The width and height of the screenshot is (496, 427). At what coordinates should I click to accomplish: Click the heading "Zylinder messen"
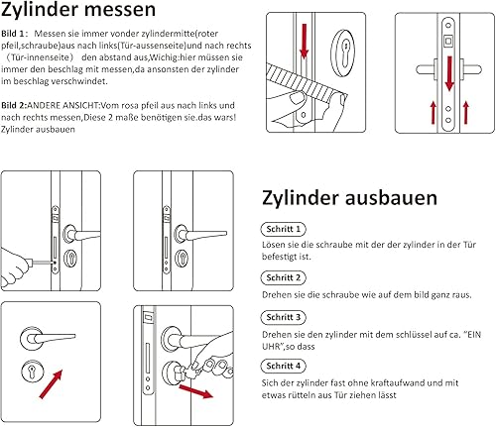pyautogui.click(x=78, y=10)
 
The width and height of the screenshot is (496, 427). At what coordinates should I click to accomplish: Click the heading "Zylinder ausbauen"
pyautogui.click(x=349, y=198)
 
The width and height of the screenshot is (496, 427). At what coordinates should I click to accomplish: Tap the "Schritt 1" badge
pyautogui.click(x=284, y=229)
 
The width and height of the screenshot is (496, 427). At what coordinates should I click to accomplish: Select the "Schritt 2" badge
pyautogui.click(x=284, y=277)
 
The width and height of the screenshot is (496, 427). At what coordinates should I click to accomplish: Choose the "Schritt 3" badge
pyautogui.click(x=284, y=317)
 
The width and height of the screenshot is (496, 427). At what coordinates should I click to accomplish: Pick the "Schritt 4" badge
pyautogui.click(x=284, y=366)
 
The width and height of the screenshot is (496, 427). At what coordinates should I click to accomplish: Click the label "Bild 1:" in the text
pyautogui.click(x=13, y=34)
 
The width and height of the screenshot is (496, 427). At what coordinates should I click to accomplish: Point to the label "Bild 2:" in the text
pyautogui.click(x=14, y=105)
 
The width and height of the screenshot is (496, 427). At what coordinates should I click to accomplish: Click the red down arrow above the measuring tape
pyautogui.click(x=305, y=41)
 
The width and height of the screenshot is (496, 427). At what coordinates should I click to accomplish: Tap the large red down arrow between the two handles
pyautogui.click(x=449, y=73)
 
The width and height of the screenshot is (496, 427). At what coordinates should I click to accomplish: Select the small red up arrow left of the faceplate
pyautogui.click(x=434, y=113)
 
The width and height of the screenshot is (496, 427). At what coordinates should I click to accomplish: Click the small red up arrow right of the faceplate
pyautogui.click(x=466, y=113)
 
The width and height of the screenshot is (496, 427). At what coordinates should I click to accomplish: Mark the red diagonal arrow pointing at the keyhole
pyautogui.click(x=51, y=384)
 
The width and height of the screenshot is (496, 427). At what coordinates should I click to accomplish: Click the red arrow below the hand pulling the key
pyautogui.click(x=195, y=391)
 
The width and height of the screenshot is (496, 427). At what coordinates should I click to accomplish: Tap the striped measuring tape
pyautogui.click(x=306, y=82)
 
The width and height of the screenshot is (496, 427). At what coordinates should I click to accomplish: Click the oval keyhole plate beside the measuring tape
pyautogui.click(x=344, y=51)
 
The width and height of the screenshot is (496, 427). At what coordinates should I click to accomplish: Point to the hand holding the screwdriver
pyautogui.click(x=16, y=267)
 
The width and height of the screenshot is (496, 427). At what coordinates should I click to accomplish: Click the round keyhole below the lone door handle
pyautogui.click(x=33, y=372)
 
